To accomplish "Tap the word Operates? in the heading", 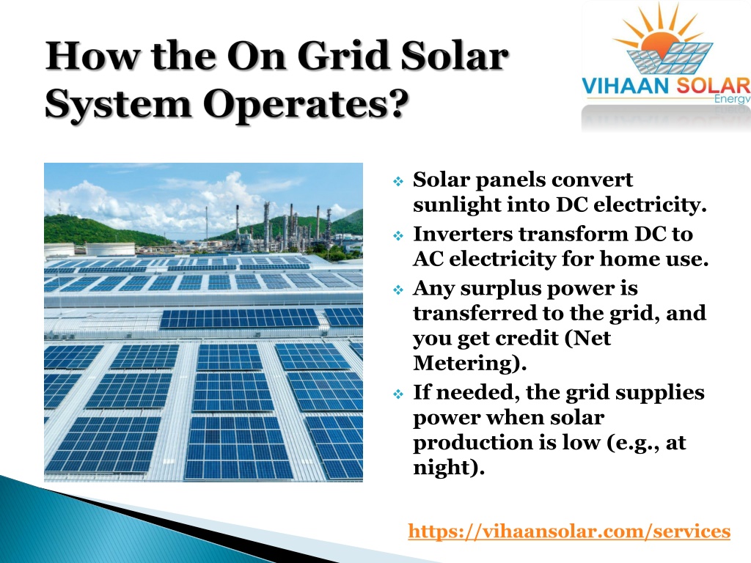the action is [306, 104].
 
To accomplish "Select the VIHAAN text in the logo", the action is [626, 87].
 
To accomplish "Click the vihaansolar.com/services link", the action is [569, 531].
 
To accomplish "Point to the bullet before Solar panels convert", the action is [398, 182].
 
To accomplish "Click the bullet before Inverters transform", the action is [398, 235].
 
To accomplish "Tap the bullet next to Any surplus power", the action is [398, 290].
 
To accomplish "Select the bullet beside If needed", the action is [398, 394].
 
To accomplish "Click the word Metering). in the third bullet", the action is [470, 363].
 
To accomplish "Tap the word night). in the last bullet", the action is [449, 467].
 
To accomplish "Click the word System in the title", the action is [118, 104].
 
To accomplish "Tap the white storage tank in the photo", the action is [110, 249].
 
